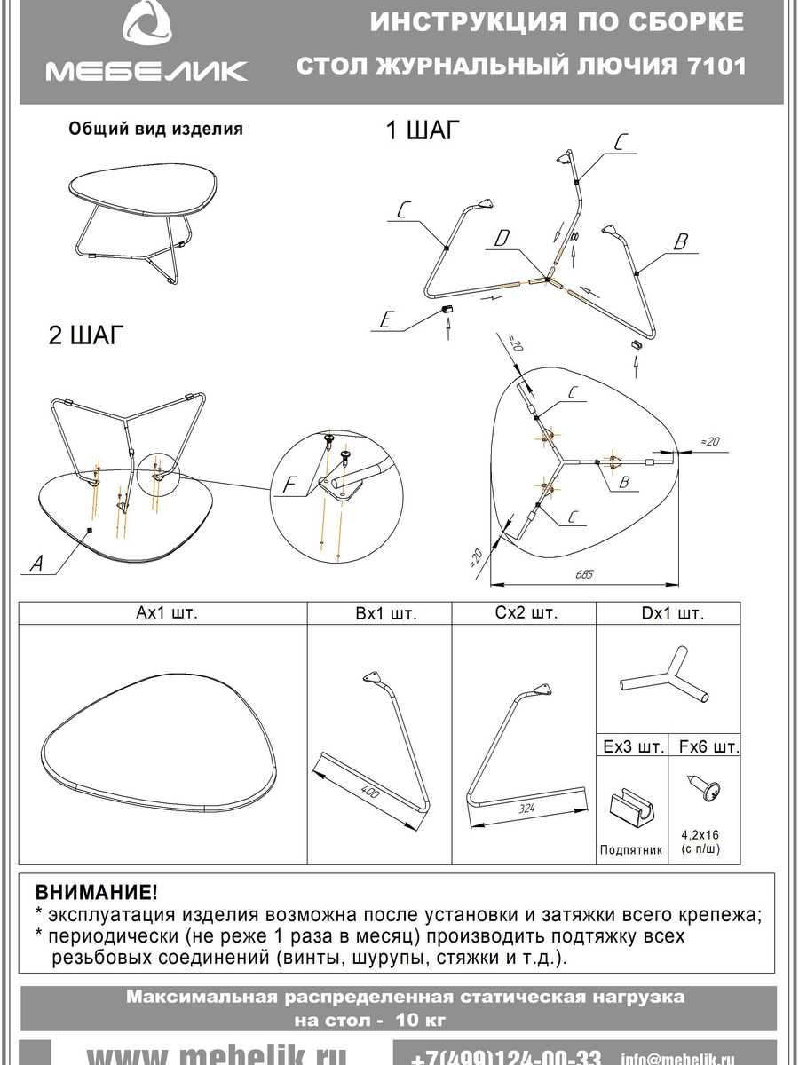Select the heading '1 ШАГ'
423,131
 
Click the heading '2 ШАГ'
84,336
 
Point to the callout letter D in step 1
502,238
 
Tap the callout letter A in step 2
35,562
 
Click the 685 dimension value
582,575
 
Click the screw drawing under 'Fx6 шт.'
707,789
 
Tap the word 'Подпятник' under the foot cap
631,849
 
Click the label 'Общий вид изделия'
155,129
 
